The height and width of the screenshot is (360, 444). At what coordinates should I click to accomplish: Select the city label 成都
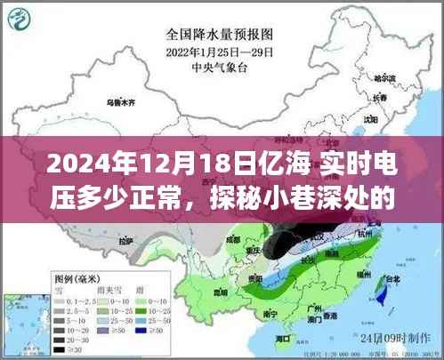point(233,236)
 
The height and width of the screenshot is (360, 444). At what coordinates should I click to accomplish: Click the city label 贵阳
point(257,277)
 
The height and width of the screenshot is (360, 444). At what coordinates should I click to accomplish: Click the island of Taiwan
point(384,293)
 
